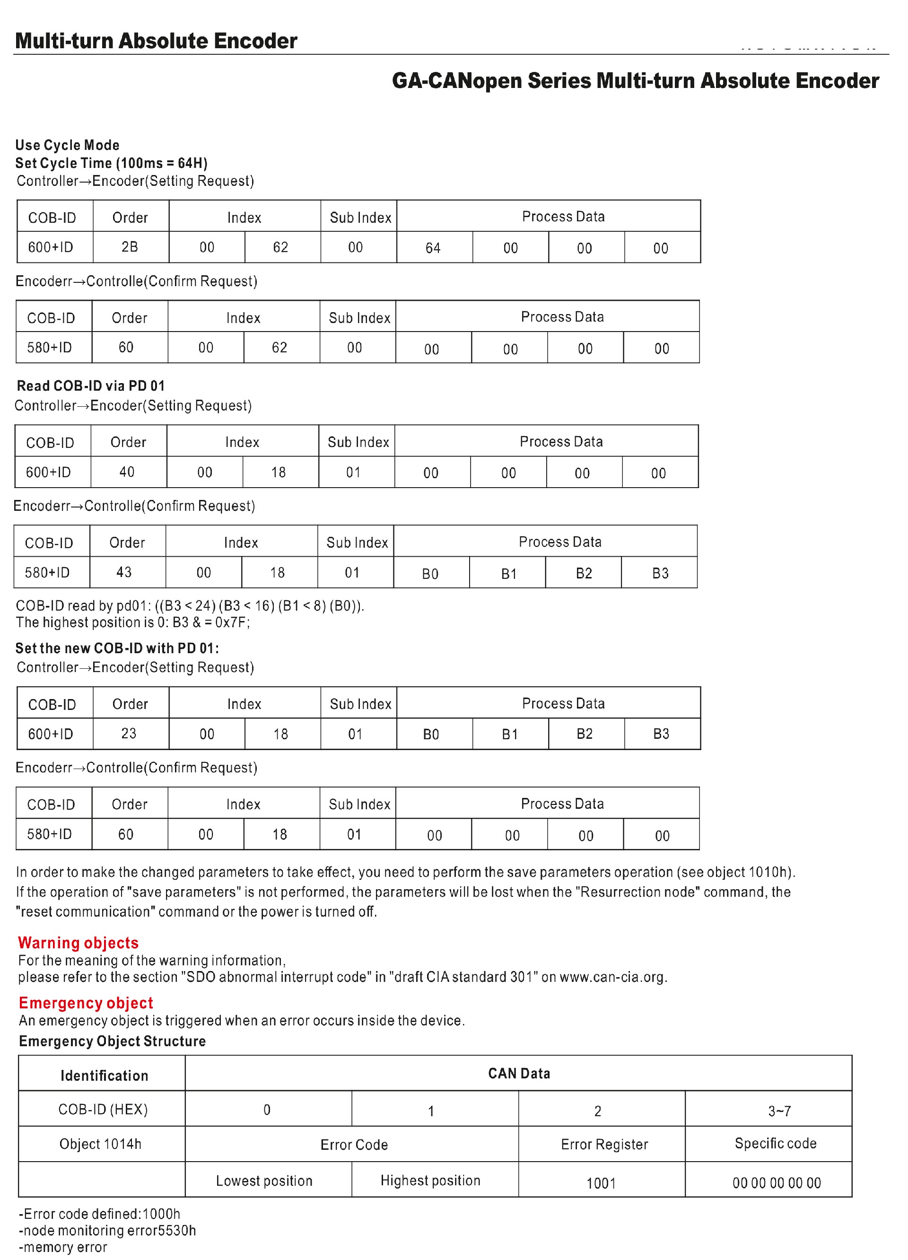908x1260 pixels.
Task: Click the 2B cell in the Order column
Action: [130, 247]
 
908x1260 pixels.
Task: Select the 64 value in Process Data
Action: [433, 248]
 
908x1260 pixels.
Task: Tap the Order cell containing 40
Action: [127, 472]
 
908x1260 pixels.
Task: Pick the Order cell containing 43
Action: [124, 572]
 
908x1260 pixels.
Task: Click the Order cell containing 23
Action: [129, 733]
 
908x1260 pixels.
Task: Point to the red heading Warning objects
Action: [79, 943]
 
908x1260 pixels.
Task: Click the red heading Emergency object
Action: [86, 1003]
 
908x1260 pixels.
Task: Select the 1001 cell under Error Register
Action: [602, 1183]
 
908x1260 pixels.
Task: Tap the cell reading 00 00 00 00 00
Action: [777, 1183]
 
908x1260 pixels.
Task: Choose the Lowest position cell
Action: [264, 1181]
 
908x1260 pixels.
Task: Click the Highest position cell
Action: [430, 1181]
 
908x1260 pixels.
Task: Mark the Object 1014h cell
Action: [101, 1144]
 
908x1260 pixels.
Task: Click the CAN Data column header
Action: [519, 1073]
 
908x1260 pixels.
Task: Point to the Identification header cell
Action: [105, 1076]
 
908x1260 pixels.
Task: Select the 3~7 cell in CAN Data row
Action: [779, 1111]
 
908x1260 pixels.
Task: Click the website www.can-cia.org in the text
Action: [612, 977]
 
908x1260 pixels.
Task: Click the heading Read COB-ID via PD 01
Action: [90, 385]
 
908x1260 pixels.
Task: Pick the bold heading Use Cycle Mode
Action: [67, 145]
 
